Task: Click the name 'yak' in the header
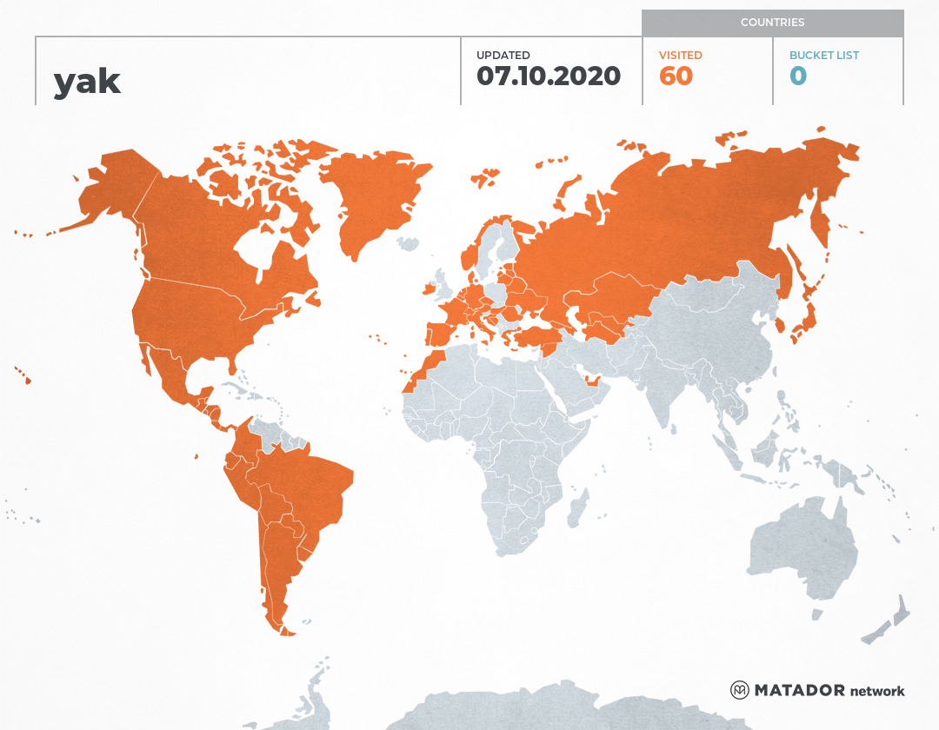point(87,81)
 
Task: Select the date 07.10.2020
point(549,76)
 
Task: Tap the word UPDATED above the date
point(503,55)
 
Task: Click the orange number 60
point(676,76)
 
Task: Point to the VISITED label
point(680,55)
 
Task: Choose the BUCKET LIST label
point(823,55)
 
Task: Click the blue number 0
point(797,76)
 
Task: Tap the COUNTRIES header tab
point(772,22)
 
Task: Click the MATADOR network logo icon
point(740,690)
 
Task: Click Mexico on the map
point(170,374)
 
